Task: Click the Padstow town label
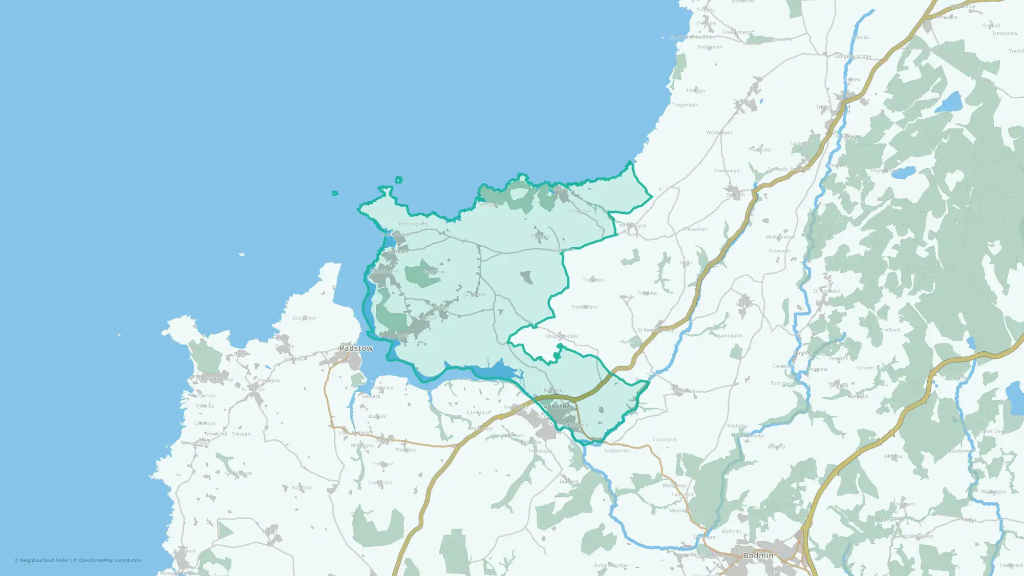click(x=356, y=348)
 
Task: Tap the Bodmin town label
click(x=758, y=556)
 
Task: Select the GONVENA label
click(x=557, y=406)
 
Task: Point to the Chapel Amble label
click(x=562, y=336)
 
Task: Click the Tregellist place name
click(x=593, y=280)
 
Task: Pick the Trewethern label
click(x=584, y=307)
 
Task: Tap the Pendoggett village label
click(x=633, y=226)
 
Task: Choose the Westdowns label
click(x=719, y=133)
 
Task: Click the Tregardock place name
click(x=685, y=105)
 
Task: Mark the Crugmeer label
click(x=304, y=318)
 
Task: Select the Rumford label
click(x=301, y=487)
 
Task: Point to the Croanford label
click(x=664, y=439)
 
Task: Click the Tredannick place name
click(x=617, y=451)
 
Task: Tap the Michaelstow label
click(x=780, y=237)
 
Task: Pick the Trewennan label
click(x=727, y=170)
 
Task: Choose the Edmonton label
click(x=478, y=412)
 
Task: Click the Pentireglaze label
click(x=413, y=224)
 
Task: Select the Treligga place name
click(x=695, y=91)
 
